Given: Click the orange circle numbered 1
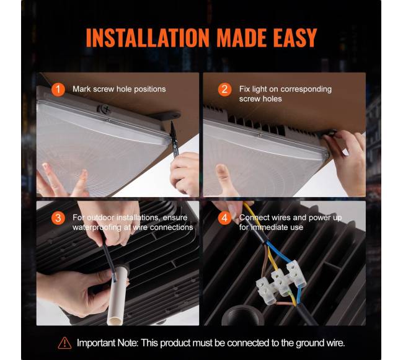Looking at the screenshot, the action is pos(58,89).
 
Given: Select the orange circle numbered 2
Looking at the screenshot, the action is pos(224,89).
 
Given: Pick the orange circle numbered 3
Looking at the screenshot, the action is pos(58,218).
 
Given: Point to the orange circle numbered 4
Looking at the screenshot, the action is pos(224,218).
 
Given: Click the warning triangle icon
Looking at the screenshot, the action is pos(64,343).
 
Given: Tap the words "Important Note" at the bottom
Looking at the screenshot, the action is pos(107,343).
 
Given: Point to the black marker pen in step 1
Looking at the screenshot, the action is pos(174,139).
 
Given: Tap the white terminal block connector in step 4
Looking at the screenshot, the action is pos(281,282).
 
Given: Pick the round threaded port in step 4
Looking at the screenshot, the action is pos(243,315).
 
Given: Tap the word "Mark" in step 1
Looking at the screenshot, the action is pos(81,89).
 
